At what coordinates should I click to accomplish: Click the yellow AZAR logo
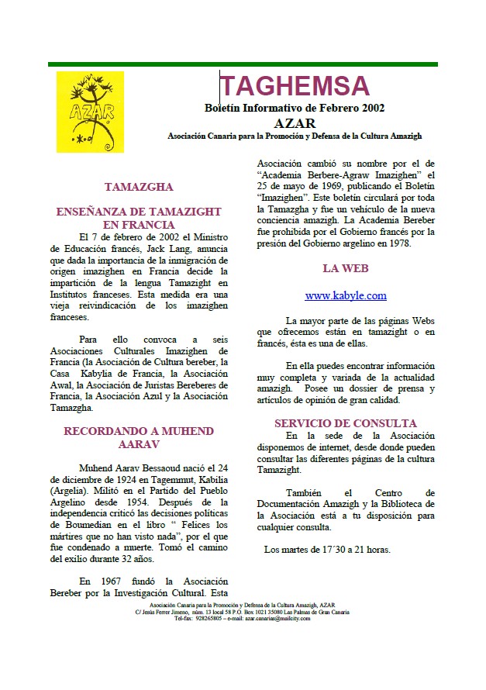tap(90, 112)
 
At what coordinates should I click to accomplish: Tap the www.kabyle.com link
tap(345, 295)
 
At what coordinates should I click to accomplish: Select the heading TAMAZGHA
tap(139, 187)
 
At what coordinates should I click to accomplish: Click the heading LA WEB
tap(345, 269)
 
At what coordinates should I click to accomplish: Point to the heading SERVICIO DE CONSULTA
tap(345, 423)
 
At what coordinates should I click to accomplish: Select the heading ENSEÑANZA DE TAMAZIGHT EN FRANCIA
tap(139, 218)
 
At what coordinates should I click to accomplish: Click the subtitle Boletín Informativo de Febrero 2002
tap(294, 108)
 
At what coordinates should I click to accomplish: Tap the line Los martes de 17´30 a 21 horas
tap(327, 550)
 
